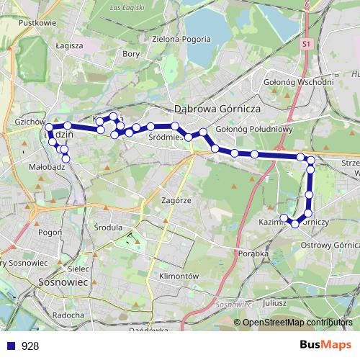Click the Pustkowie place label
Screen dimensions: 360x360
tap(39, 22)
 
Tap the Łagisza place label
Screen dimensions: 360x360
tap(69, 45)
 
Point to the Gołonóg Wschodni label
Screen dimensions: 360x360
tap(300, 81)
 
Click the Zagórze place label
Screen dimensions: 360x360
tap(176, 201)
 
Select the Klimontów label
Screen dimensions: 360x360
tap(178, 276)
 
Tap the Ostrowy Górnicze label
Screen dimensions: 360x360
tap(331, 246)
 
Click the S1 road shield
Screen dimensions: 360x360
tap(307, 44)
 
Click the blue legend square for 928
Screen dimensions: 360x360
tap(11, 346)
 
